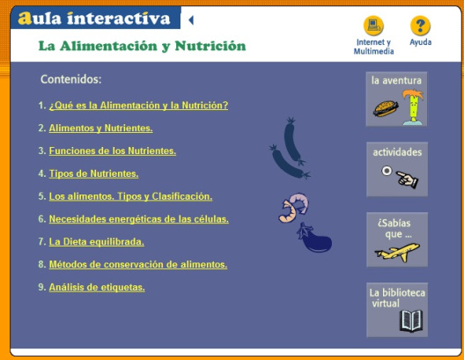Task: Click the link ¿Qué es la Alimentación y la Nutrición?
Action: click(138, 106)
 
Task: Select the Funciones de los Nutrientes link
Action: click(112, 151)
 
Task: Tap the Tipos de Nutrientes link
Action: click(93, 173)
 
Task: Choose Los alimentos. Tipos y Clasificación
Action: click(130, 196)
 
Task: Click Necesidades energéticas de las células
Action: click(138, 219)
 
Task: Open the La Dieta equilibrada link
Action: click(96, 242)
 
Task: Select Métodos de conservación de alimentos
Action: click(137, 264)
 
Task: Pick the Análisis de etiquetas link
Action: click(97, 287)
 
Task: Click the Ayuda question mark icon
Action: click(421, 26)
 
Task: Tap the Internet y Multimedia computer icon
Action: click(374, 26)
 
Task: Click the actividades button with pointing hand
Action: click(397, 169)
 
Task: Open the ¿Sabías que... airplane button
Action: click(397, 239)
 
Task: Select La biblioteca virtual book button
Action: click(397, 310)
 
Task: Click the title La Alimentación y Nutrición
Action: click(142, 46)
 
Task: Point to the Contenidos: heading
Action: click(71, 79)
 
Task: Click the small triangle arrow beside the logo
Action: click(191, 18)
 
